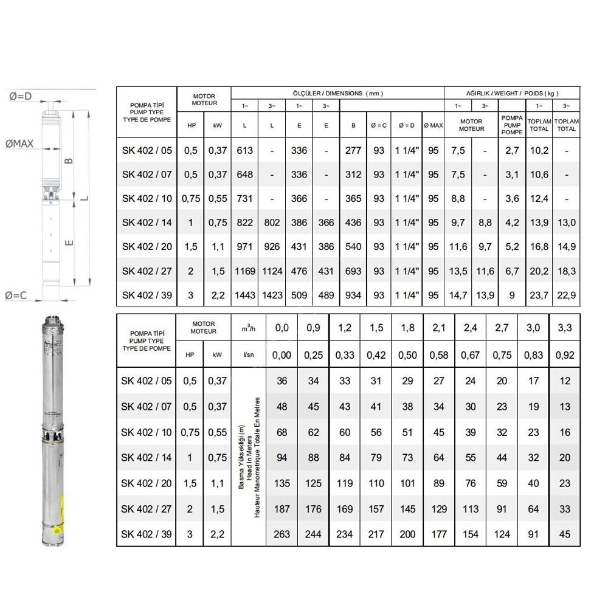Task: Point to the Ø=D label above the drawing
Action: pos(20,95)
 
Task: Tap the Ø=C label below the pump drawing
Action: pos(16,295)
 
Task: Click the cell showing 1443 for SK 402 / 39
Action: pos(244,295)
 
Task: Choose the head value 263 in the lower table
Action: pos(282,534)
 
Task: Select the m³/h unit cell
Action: pos(249,328)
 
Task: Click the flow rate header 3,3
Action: pos(565,328)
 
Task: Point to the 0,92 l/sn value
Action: pos(565,356)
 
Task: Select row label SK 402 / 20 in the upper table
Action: pos(147,247)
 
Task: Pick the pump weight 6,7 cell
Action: pos(513,271)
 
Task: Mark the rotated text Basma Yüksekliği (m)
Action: pos(241,458)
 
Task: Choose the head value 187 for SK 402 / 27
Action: pos(282,509)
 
